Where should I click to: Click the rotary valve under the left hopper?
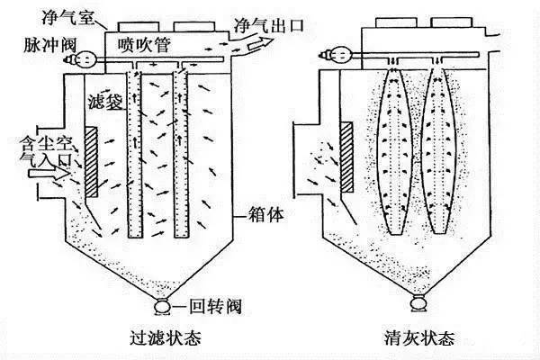click(x=162, y=308)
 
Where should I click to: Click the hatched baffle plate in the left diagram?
click(x=92, y=162)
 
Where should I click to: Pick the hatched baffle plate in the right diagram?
click(x=346, y=158)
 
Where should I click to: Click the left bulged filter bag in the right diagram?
click(x=397, y=148)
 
